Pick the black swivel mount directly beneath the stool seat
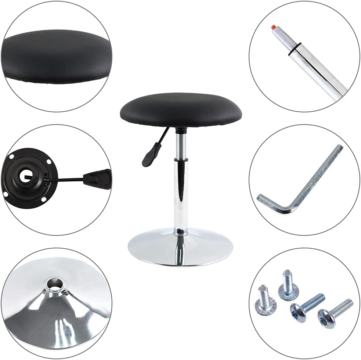[x=180, y=130]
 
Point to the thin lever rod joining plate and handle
[x=66, y=180]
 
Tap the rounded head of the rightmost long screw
[x=325, y=316]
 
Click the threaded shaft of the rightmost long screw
[x=343, y=305]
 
